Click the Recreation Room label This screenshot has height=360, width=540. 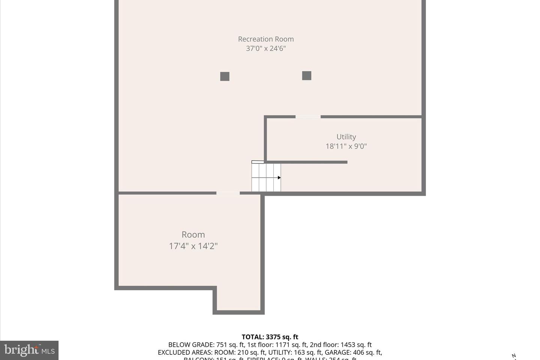pyautogui.click(x=266, y=39)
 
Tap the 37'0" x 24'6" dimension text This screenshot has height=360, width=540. pyautogui.click(x=266, y=48)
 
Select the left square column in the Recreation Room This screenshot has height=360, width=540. pyautogui.click(x=225, y=76)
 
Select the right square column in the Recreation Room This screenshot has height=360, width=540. pyautogui.click(x=307, y=76)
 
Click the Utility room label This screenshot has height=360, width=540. pyautogui.click(x=346, y=137)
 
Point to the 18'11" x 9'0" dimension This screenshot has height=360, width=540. pyautogui.click(x=346, y=146)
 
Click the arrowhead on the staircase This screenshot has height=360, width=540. pyautogui.click(x=279, y=178)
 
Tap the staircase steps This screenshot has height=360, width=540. pyautogui.click(x=266, y=178)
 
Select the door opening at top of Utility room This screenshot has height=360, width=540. pyautogui.click(x=308, y=117)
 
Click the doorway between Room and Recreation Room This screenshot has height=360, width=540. pyautogui.click(x=228, y=193)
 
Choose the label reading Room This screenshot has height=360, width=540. pyautogui.click(x=193, y=235)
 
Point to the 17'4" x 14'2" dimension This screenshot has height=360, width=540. pyautogui.click(x=193, y=246)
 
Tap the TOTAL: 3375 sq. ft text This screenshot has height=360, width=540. pyautogui.click(x=270, y=337)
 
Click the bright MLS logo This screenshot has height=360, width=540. pyautogui.click(x=29, y=350)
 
